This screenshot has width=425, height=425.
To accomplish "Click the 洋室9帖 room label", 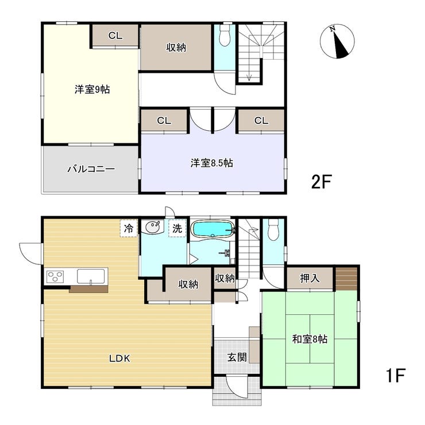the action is pyautogui.click(x=92, y=89).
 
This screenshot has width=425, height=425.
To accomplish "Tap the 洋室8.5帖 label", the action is pyautogui.click(x=212, y=163).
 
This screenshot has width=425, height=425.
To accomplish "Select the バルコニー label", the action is pyautogui.click(x=91, y=169).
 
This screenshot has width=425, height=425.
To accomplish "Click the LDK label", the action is pyautogui.click(x=119, y=358).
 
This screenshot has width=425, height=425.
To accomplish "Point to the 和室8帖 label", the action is pyautogui.click(x=310, y=339).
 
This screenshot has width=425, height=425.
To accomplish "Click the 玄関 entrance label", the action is pyautogui.click(x=237, y=357).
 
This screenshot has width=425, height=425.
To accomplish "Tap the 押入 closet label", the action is pyautogui.click(x=310, y=278).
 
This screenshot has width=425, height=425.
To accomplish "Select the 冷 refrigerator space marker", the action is pyautogui.click(x=129, y=228).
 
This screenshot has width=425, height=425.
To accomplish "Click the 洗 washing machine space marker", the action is pyautogui.click(x=177, y=228).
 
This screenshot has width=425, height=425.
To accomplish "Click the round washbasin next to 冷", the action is pyautogui.click(x=153, y=227).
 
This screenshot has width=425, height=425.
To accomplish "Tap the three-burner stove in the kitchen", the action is pyautogui.click(x=55, y=276).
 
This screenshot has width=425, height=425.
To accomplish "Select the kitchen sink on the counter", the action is pyautogui.click(x=91, y=276).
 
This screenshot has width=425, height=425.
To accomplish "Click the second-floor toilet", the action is pyautogui.click(x=225, y=36).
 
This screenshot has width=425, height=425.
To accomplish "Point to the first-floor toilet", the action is pyautogui.click(x=273, y=229).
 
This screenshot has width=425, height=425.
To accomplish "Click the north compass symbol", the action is pyautogui.click(x=337, y=41).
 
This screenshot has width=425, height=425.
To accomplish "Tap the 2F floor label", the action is pyautogui.click(x=322, y=182).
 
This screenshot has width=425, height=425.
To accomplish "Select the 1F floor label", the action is pyautogui.click(x=395, y=375).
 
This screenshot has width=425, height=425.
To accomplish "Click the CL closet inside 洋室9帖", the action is pyautogui.click(x=115, y=36).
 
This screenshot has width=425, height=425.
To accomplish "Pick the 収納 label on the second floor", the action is pyautogui.click(x=176, y=48).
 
